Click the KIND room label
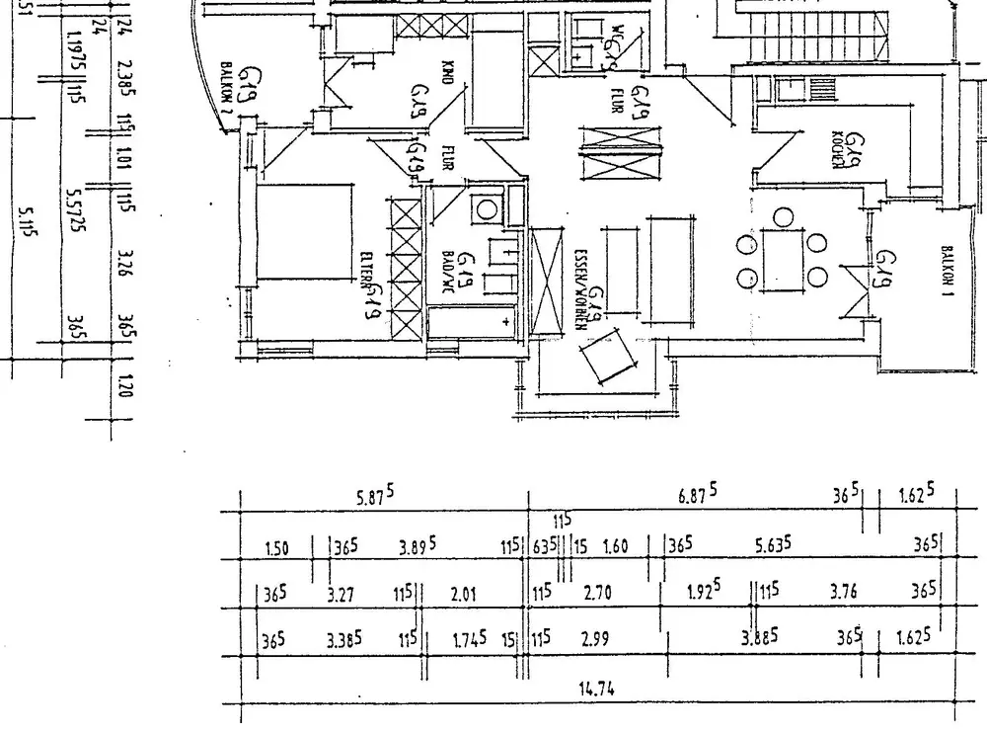point(446,73)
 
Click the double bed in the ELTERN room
point(301,235)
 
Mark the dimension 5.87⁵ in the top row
point(376,499)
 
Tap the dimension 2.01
point(463,595)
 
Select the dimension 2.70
point(598,595)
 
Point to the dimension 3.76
point(844,595)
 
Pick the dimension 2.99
point(595,640)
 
